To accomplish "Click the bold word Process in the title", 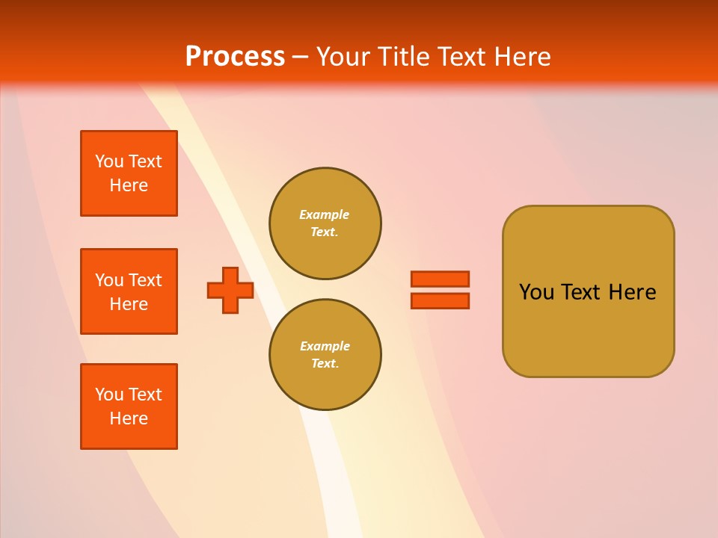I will (235, 57).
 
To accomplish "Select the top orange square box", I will (129, 173).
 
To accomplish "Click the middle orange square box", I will (129, 291).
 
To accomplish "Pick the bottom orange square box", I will (129, 406).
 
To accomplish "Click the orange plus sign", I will (230, 290).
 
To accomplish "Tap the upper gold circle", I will (325, 223).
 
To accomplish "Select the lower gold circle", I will (325, 355).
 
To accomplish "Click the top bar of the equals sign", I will (440, 279).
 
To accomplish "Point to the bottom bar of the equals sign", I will (440, 300).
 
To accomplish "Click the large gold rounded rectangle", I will (588, 329).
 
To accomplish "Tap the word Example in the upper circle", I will (325, 214).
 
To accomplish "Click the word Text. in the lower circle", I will (325, 364).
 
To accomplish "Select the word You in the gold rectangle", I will (536, 292).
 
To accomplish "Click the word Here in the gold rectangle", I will (632, 292).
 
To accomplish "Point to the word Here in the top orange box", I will (129, 185).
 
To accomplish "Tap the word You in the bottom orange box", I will (109, 395).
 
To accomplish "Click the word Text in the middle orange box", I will (146, 280).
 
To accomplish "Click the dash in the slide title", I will (300, 57).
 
